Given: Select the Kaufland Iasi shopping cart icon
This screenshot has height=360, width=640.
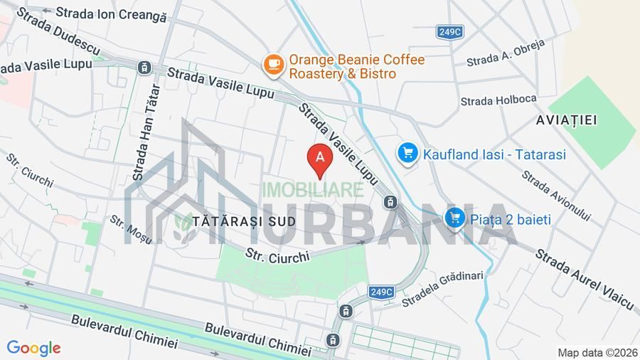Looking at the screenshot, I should [407, 153].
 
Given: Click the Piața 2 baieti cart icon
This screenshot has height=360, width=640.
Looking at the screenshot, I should [454, 219].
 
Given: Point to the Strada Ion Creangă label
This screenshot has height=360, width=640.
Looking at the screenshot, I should [110, 13].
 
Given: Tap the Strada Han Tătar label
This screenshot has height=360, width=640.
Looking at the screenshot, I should [143, 138].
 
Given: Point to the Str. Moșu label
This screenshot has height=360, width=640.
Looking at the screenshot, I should [131, 229].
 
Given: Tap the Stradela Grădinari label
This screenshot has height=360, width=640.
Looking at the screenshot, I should [442, 287].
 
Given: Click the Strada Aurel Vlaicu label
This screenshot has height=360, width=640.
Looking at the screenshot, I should [584, 278].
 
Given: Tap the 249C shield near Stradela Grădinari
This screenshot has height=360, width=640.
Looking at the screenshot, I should [381, 292].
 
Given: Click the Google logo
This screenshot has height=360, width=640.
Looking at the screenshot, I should [33, 348].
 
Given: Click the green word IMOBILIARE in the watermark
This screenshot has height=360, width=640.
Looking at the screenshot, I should [313, 190].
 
